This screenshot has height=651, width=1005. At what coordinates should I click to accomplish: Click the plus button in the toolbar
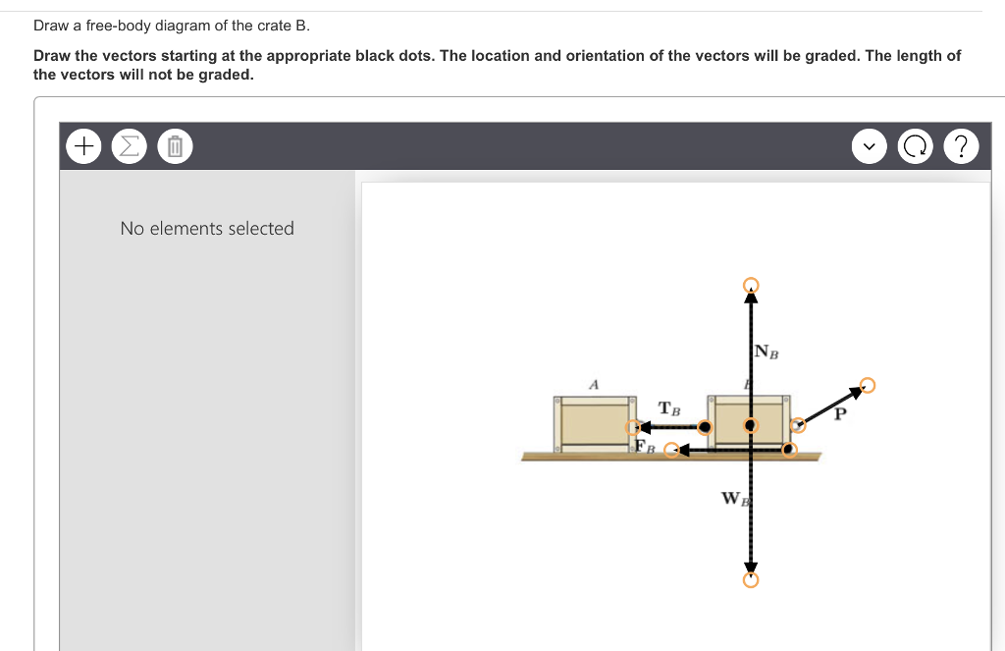(x=83, y=147)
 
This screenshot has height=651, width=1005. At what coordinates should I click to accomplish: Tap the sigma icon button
(x=128, y=147)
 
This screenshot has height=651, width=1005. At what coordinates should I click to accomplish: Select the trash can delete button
(x=174, y=147)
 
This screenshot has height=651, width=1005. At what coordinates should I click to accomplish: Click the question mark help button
(x=962, y=147)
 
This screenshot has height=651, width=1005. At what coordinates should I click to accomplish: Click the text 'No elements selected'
(x=207, y=229)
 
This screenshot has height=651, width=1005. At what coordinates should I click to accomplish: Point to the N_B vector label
(x=767, y=352)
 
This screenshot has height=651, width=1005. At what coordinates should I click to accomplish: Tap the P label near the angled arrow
(x=839, y=414)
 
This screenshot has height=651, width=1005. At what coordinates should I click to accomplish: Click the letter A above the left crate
(x=593, y=384)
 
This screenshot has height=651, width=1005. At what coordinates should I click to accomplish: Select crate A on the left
(x=595, y=422)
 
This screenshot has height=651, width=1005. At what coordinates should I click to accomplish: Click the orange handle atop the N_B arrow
(x=751, y=285)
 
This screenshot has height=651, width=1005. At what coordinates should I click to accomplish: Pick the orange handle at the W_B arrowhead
(x=751, y=579)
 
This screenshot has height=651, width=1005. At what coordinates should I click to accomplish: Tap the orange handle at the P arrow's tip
(x=867, y=385)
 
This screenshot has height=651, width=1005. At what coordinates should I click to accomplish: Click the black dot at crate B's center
(x=751, y=425)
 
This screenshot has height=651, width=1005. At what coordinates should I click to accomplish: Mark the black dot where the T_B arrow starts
(x=705, y=427)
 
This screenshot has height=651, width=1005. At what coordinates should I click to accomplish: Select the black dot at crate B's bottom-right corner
(x=788, y=450)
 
